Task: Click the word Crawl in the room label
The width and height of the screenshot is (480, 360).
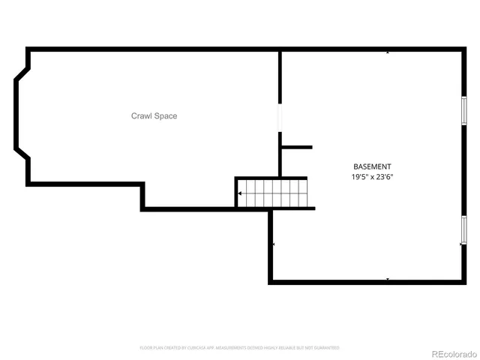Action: click(x=142, y=116)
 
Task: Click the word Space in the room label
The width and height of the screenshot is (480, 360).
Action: click(x=166, y=116)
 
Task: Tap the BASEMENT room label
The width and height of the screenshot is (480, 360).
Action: click(x=372, y=166)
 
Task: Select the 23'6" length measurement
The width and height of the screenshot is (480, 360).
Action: click(x=385, y=178)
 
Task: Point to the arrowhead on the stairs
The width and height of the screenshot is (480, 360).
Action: click(x=240, y=193)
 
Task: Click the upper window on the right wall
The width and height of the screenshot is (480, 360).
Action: click(x=463, y=111)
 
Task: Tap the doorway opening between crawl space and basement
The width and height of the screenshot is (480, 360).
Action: click(x=280, y=118)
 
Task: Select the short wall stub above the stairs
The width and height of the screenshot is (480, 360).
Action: click(x=297, y=147)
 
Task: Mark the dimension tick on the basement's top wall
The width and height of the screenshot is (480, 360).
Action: click(x=388, y=52)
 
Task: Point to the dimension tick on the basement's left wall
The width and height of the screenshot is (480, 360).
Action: click(x=274, y=244)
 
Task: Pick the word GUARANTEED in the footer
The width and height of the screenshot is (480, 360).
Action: click(x=327, y=348)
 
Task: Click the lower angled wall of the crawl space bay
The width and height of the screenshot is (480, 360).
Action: click(x=22, y=156)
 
